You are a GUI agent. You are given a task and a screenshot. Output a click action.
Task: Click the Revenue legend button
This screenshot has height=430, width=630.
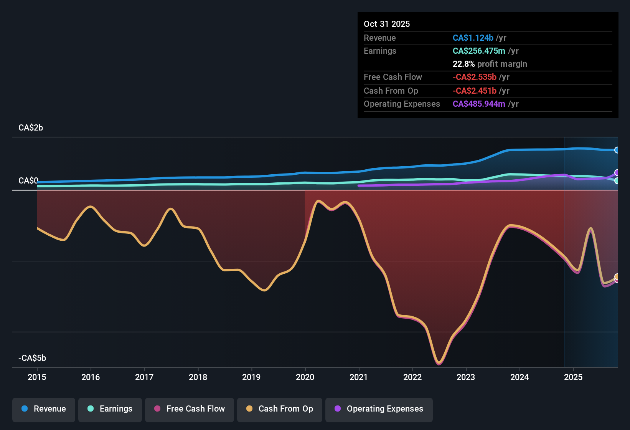pyautogui.click(x=44, y=409)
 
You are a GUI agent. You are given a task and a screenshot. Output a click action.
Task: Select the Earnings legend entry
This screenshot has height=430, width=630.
pyautogui.click(x=110, y=409)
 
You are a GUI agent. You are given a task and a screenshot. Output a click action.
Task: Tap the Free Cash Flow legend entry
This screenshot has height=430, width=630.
pyautogui.click(x=190, y=409)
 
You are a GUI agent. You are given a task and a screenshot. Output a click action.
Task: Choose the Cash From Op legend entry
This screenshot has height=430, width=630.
pyautogui.click(x=280, y=409)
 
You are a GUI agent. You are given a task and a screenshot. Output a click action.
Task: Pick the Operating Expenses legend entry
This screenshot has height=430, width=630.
pyautogui.click(x=379, y=409)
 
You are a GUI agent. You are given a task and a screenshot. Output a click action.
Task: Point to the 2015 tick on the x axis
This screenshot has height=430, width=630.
pyautogui.click(x=37, y=377)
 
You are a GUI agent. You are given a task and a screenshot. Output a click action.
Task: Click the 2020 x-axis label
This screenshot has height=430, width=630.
pyautogui.click(x=305, y=377)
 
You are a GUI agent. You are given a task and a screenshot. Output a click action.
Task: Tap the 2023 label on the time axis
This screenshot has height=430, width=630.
pyautogui.click(x=466, y=377)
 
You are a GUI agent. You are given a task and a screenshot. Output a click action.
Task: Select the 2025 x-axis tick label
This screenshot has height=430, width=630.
pyautogui.click(x=573, y=377)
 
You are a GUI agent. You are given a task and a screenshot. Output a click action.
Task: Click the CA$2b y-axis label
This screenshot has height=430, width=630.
pyautogui.click(x=31, y=128)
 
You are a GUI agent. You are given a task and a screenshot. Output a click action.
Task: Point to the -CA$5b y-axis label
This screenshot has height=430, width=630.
pyautogui.click(x=32, y=358)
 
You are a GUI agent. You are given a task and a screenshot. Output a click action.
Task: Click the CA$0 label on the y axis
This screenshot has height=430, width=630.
pyautogui.click(x=28, y=180)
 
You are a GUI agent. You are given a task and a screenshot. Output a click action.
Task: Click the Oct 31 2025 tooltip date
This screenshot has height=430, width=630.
pyautogui.click(x=387, y=24)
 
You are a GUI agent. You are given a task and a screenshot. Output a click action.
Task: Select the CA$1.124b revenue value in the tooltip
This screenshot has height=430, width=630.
pyautogui.click(x=473, y=38)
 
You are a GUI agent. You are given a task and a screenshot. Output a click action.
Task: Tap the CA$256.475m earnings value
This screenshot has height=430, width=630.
pyautogui.click(x=479, y=51)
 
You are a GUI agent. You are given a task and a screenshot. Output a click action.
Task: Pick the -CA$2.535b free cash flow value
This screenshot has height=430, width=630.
pyautogui.click(x=474, y=77)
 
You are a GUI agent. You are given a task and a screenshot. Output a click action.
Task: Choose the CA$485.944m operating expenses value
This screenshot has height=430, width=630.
pyautogui.click(x=479, y=104)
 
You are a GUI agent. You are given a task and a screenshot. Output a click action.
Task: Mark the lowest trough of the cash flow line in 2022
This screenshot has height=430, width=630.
pyautogui.click(x=439, y=363)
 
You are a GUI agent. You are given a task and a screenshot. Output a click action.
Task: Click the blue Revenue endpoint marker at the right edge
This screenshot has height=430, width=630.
pyautogui.click(x=617, y=150)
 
